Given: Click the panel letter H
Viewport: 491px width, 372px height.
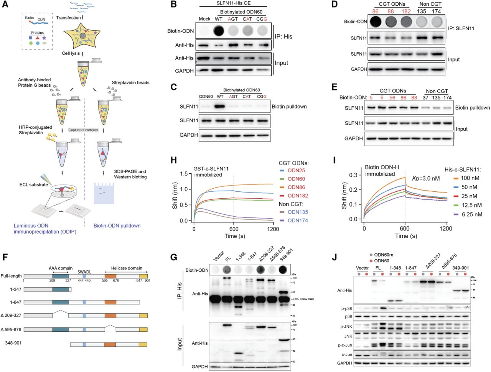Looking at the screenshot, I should click(x=173, y=160).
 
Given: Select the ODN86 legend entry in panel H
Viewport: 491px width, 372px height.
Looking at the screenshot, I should click(x=296, y=187).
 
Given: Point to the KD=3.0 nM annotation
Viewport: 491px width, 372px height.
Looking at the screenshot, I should click(x=426, y=178).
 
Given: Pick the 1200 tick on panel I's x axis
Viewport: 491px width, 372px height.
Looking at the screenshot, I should click(x=446, y=229).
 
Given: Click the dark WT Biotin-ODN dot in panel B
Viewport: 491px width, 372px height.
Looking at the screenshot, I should click(x=219, y=31).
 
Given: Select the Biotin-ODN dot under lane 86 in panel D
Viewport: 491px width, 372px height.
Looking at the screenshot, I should click(x=376, y=21).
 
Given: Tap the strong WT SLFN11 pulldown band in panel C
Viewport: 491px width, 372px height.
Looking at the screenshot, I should click(x=219, y=106).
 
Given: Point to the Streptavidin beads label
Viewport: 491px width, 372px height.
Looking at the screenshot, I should click(x=130, y=82).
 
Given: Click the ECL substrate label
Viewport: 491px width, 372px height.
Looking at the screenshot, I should click(x=34, y=184).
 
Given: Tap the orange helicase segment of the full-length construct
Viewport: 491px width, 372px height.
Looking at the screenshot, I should click(x=110, y=276).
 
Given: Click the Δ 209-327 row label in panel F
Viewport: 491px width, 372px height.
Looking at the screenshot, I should click(x=11, y=315).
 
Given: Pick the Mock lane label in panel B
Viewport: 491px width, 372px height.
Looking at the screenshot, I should click(x=205, y=19).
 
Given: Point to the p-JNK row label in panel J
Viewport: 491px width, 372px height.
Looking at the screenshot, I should click(x=346, y=326).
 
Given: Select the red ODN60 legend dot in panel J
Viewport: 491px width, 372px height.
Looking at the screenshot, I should click(x=371, y=260).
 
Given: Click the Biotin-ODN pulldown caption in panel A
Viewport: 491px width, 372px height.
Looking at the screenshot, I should click(x=117, y=226).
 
